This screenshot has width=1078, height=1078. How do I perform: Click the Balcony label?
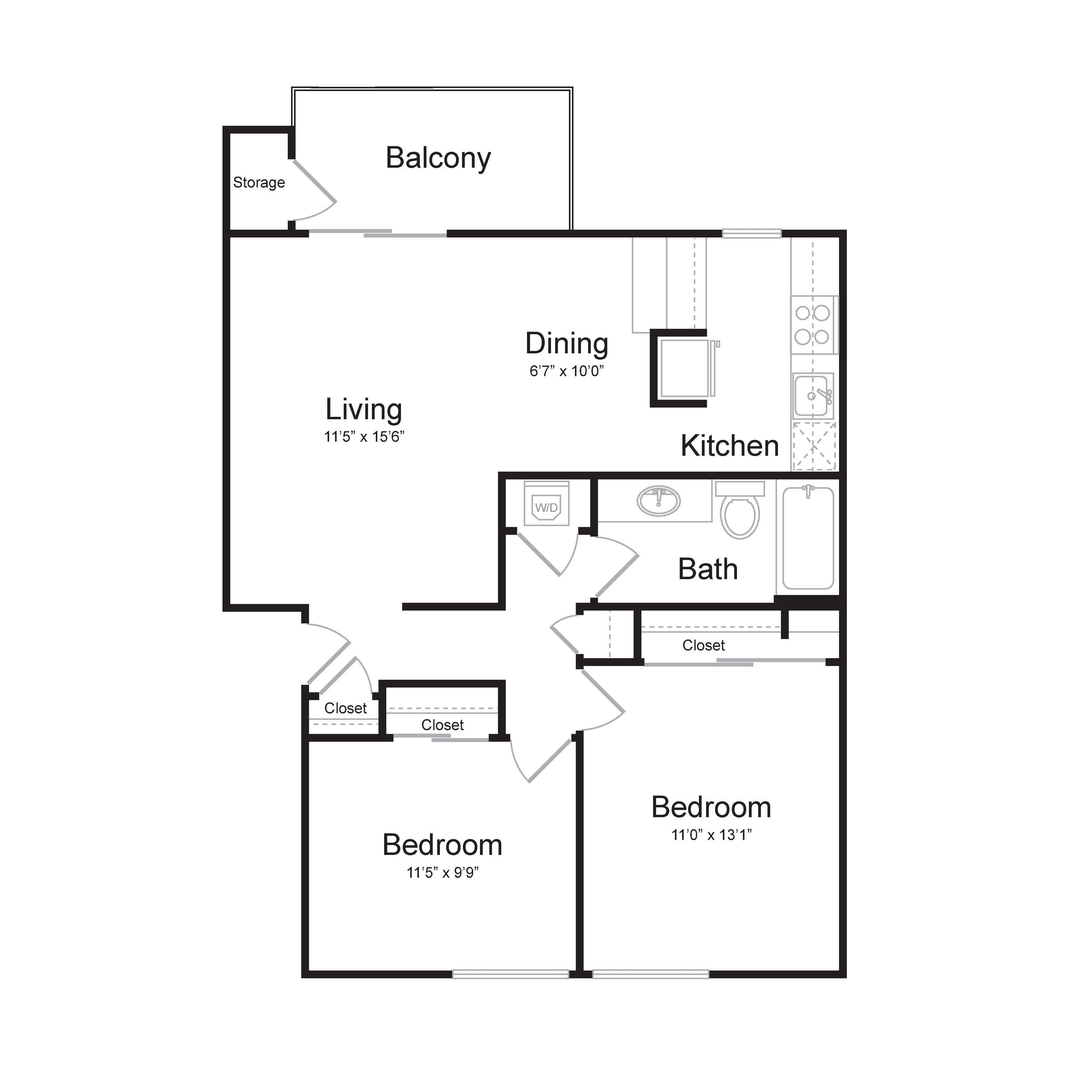438,158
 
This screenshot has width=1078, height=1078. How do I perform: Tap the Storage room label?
259,183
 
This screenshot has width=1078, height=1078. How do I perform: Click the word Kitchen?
730,446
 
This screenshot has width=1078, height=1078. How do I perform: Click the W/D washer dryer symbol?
546,503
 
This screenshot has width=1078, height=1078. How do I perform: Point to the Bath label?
708,569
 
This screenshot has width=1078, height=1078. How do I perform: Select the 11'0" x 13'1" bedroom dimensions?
711,835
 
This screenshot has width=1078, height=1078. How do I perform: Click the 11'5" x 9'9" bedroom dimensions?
442,873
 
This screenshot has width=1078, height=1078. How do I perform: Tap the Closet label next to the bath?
704,646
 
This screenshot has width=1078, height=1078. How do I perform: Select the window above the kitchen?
752,234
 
